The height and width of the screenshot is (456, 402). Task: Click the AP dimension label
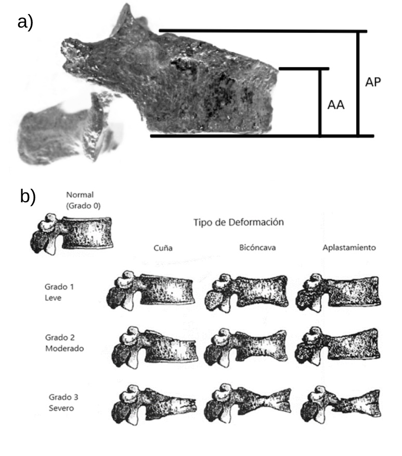373,82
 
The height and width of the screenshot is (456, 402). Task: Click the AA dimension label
336,105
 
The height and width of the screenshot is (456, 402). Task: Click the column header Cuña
163,248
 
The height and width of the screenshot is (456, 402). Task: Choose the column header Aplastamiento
349,247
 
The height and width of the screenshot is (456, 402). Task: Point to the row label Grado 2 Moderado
64,343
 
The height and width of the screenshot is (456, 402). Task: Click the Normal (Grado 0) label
83,200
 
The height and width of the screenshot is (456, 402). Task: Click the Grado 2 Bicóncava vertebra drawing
247,346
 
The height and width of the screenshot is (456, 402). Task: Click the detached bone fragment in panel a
65,129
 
